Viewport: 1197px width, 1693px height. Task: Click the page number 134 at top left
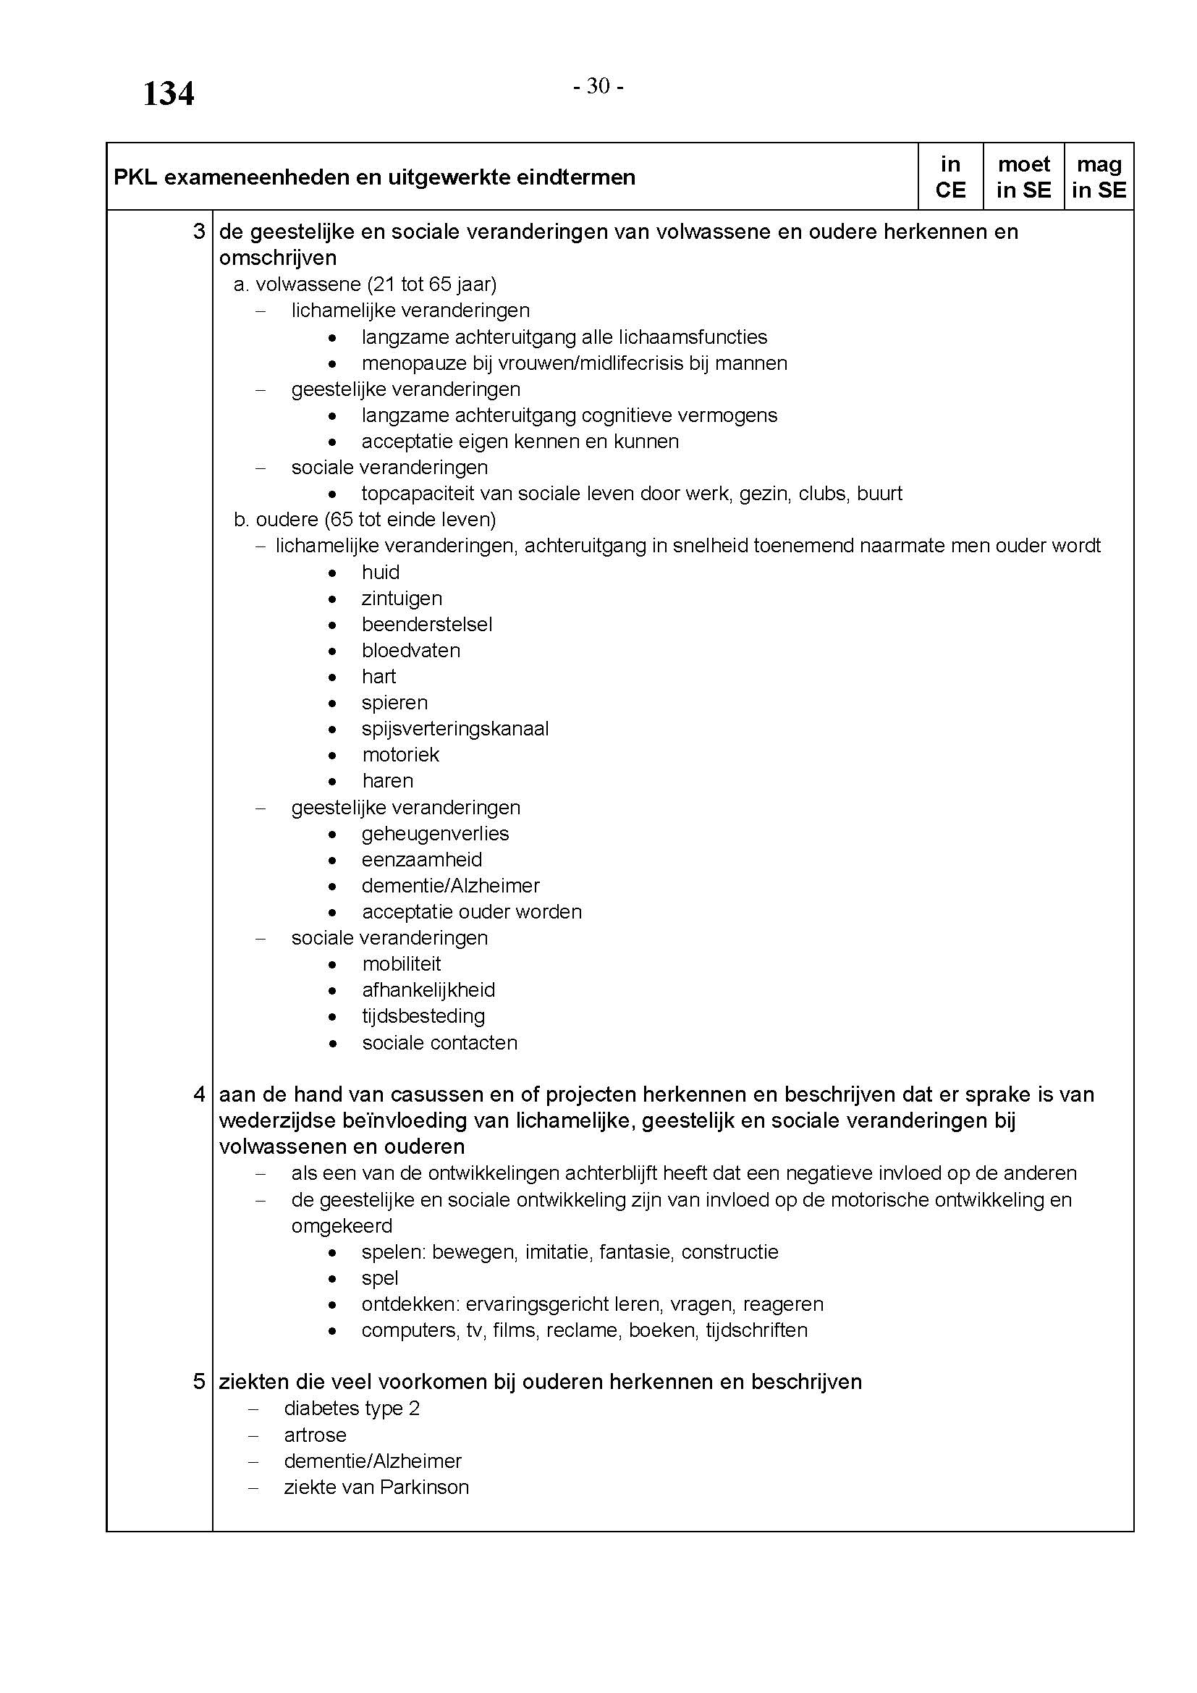[x=168, y=93]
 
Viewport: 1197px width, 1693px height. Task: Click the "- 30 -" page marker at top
[x=598, y=87]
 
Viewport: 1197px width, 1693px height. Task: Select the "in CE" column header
[x=950, y=177]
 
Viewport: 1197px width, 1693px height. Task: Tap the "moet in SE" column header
[x=1023, y=177]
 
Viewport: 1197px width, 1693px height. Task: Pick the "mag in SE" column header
[x=1099, y=177]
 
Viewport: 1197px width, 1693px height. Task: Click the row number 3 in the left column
[x=198, y=232]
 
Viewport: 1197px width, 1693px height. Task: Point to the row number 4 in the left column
[x=198, y=1094]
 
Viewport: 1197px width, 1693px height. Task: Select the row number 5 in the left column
[x=198, y=1382]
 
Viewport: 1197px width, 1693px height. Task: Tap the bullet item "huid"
[x=381, y=573]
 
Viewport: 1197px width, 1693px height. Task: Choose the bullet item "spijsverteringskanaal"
[x=454, y=729]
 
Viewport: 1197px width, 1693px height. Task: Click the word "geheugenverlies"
[x=435, y=833]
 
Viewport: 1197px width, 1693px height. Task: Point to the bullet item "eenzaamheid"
[x=422, y=860]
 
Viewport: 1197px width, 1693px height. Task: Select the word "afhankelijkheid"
[x=428, y=990]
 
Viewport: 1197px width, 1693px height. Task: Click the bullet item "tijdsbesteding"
[x=423, y=1016]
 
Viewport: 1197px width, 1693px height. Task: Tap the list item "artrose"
[x=315, y=1435]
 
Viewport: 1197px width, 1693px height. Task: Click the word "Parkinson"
[x=424, y=1487]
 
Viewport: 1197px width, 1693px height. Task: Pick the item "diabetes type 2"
[x=352, y=1409]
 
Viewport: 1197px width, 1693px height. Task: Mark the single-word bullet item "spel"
[x=380, y=1278]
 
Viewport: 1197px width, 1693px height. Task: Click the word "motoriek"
[x=400, y=755]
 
